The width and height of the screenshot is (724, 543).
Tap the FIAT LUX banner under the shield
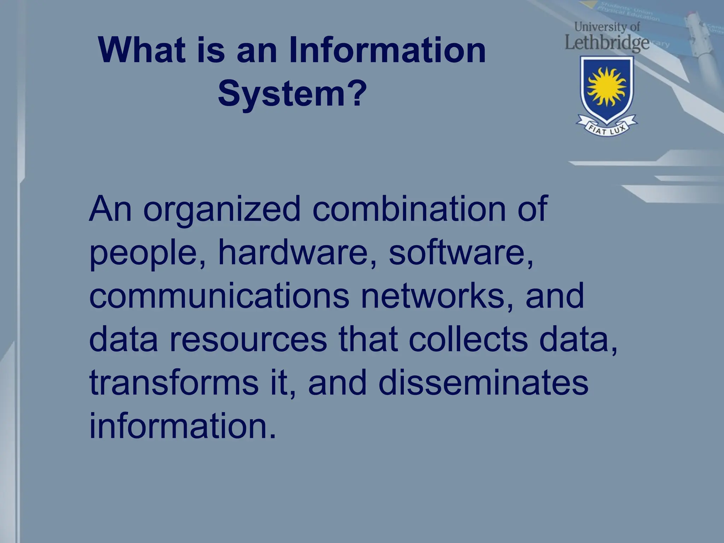pyautogui.click(x=607, y=128)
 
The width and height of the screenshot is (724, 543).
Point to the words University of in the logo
pyautogui.click(x=607, y=27)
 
